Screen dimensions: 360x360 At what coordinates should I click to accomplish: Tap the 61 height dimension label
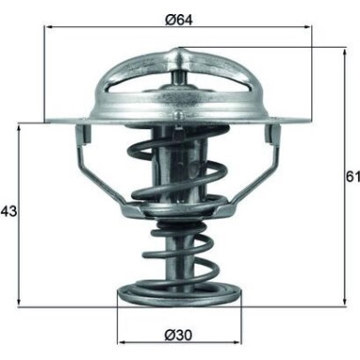(350, 175)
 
